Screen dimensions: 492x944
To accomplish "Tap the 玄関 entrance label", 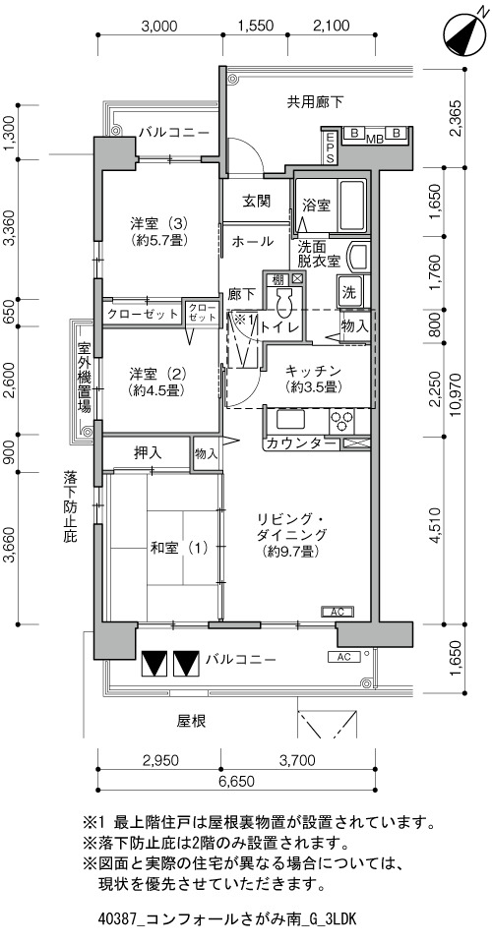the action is pyautogui.click(x=257, y=201).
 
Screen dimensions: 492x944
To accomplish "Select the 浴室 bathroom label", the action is pyautogui.click(x=316, y=206).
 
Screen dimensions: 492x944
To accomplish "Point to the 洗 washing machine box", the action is pyautogui.click(x=349, y=292).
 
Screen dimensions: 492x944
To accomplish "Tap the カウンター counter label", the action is pyautogui.click(x=300, y=443).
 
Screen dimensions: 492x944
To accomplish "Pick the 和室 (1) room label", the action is pyautogui.click(x=179, y=548).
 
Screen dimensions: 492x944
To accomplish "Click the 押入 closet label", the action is pyautogui.click(x=148, y=452).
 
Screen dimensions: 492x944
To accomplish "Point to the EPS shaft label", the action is pyautogui.click(x=330, y=147).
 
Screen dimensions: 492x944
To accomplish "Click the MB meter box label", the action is pyautogui.click(x=376, y=140).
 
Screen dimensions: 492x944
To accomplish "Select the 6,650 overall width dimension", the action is pyautogui.click(x=237, y=782).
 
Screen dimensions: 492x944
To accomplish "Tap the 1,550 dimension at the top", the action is pyautogui.click(x=256, y=26).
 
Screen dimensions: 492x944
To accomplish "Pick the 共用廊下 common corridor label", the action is pyautogui.click(x=315, y=102).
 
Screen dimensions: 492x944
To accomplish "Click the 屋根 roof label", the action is pyautogui.click(x=192, y=721).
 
